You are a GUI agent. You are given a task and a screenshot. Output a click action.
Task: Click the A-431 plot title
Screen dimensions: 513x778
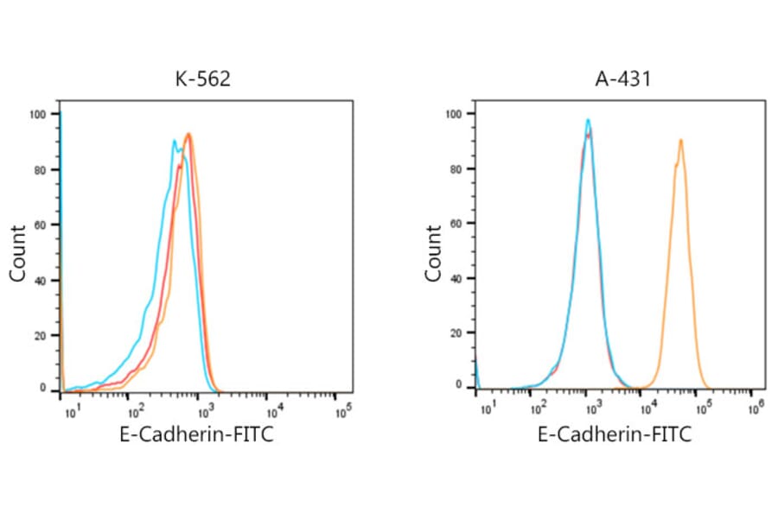(619, 80)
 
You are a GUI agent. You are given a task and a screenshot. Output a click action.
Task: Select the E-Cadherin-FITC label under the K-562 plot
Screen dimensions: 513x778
(196, 434)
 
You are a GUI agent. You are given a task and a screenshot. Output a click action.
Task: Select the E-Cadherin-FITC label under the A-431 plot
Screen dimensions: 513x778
(615, 434)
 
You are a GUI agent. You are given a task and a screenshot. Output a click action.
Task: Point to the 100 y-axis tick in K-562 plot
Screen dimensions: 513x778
(38, 114)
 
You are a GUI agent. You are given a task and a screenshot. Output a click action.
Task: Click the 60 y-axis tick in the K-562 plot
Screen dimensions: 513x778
(41, 225)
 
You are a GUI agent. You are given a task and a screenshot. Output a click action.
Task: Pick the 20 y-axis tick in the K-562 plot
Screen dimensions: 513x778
(41, 335)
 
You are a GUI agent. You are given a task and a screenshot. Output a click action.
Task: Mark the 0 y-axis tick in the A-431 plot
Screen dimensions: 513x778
(460, 389)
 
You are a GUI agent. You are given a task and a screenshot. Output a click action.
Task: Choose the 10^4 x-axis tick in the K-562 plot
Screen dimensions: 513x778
(273, 408)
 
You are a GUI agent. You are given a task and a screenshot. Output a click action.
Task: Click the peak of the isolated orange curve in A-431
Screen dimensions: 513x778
(681, 140)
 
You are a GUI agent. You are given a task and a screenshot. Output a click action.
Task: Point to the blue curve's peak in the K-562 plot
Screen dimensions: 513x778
(175, 141)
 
